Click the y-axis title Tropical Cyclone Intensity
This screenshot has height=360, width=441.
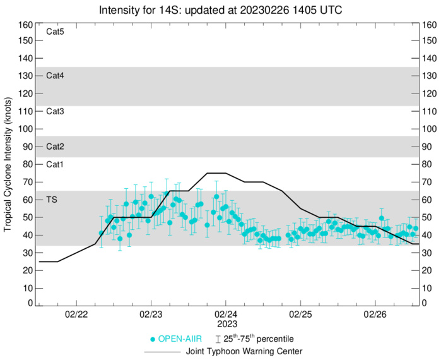click(x=8, y=165)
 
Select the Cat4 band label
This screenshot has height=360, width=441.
click(x=56, y=75)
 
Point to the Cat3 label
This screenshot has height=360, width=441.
click(x=56, y=111)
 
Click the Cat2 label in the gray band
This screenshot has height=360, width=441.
click(x=56, y=147)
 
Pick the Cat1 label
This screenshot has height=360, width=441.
click(x=56, y=164)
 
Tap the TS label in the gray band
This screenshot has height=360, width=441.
click(x=52, y=200)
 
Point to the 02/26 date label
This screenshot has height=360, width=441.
click(x=375, y=315)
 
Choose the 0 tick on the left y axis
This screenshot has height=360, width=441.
click(x=29, y=304)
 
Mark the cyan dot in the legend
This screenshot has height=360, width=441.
click(x=152, y=339)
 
